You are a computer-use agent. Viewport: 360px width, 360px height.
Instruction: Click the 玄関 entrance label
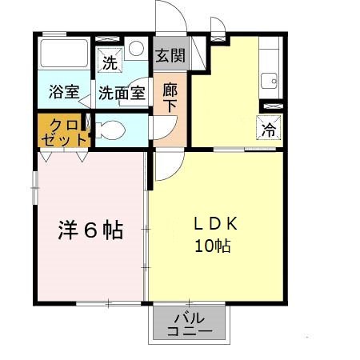click(x=170, y=56)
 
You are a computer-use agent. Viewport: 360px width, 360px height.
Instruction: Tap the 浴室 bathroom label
click(x=63, y=92)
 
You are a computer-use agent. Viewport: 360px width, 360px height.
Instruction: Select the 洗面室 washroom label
click(x=122, y=92)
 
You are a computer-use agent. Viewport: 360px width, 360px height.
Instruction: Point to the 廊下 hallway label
click(x=170, y=98)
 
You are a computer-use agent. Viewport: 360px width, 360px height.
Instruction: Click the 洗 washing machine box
click(x=107, y=59)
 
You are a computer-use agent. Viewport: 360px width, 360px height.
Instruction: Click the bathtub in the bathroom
click(x=65, y=55)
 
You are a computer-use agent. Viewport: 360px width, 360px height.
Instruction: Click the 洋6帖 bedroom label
click(x=90, y=230)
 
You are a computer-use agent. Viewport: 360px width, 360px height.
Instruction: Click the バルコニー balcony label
click(x=190, y=324)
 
